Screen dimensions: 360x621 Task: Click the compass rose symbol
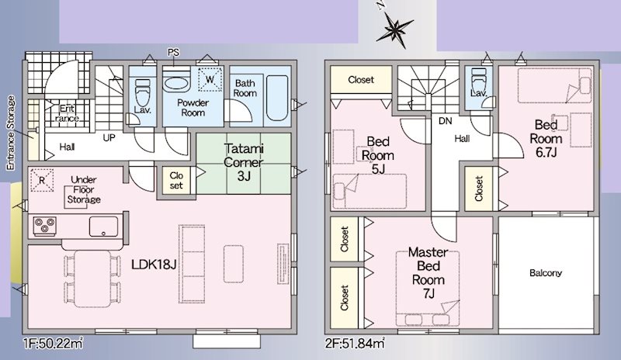point(396,30)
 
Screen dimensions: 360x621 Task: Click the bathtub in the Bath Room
point(276,99)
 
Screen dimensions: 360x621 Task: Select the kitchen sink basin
point(102,227)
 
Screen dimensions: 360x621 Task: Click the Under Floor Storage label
point(83,189)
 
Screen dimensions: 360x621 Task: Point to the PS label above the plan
point(172,52)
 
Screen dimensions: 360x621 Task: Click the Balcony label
point(546,273)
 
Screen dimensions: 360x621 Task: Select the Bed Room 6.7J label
point(544,137)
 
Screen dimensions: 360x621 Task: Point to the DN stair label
point(445,121)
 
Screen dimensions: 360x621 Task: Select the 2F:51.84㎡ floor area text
point(356,342)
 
